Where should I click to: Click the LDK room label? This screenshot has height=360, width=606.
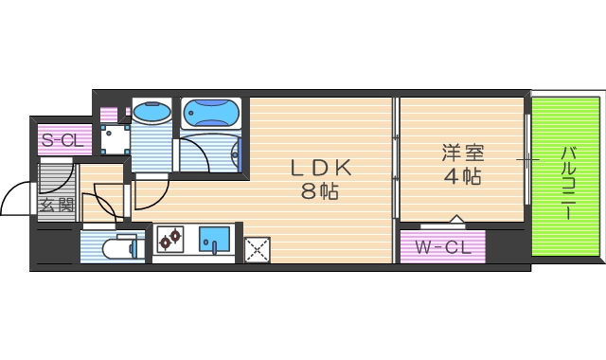click(321, 168)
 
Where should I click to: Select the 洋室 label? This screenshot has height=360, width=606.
click(462, 153)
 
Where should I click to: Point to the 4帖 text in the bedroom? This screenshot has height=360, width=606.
click(462, 175)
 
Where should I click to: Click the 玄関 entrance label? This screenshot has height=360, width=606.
click(56, 205)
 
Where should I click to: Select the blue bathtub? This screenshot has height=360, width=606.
click(212, 115)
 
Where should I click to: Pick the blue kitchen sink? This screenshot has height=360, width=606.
click(215, 240)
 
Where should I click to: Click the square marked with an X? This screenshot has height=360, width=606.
click(257, 249)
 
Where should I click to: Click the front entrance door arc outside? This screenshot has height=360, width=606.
click(17, 199)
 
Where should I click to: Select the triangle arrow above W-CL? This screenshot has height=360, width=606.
click(456, 220)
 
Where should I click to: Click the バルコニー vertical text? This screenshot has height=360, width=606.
click(568, 180)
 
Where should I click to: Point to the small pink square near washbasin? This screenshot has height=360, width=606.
click(108, 115)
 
